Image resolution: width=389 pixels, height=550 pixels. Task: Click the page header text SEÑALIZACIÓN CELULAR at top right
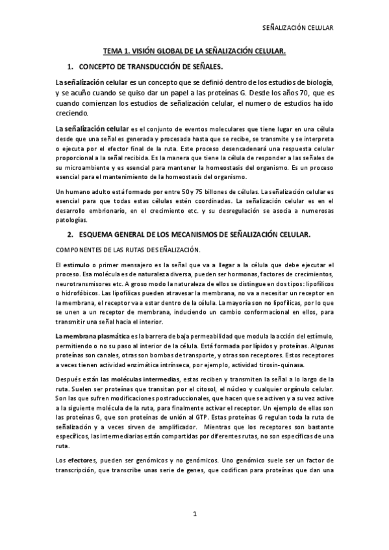297,29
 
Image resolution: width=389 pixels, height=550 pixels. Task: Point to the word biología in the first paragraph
314,82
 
